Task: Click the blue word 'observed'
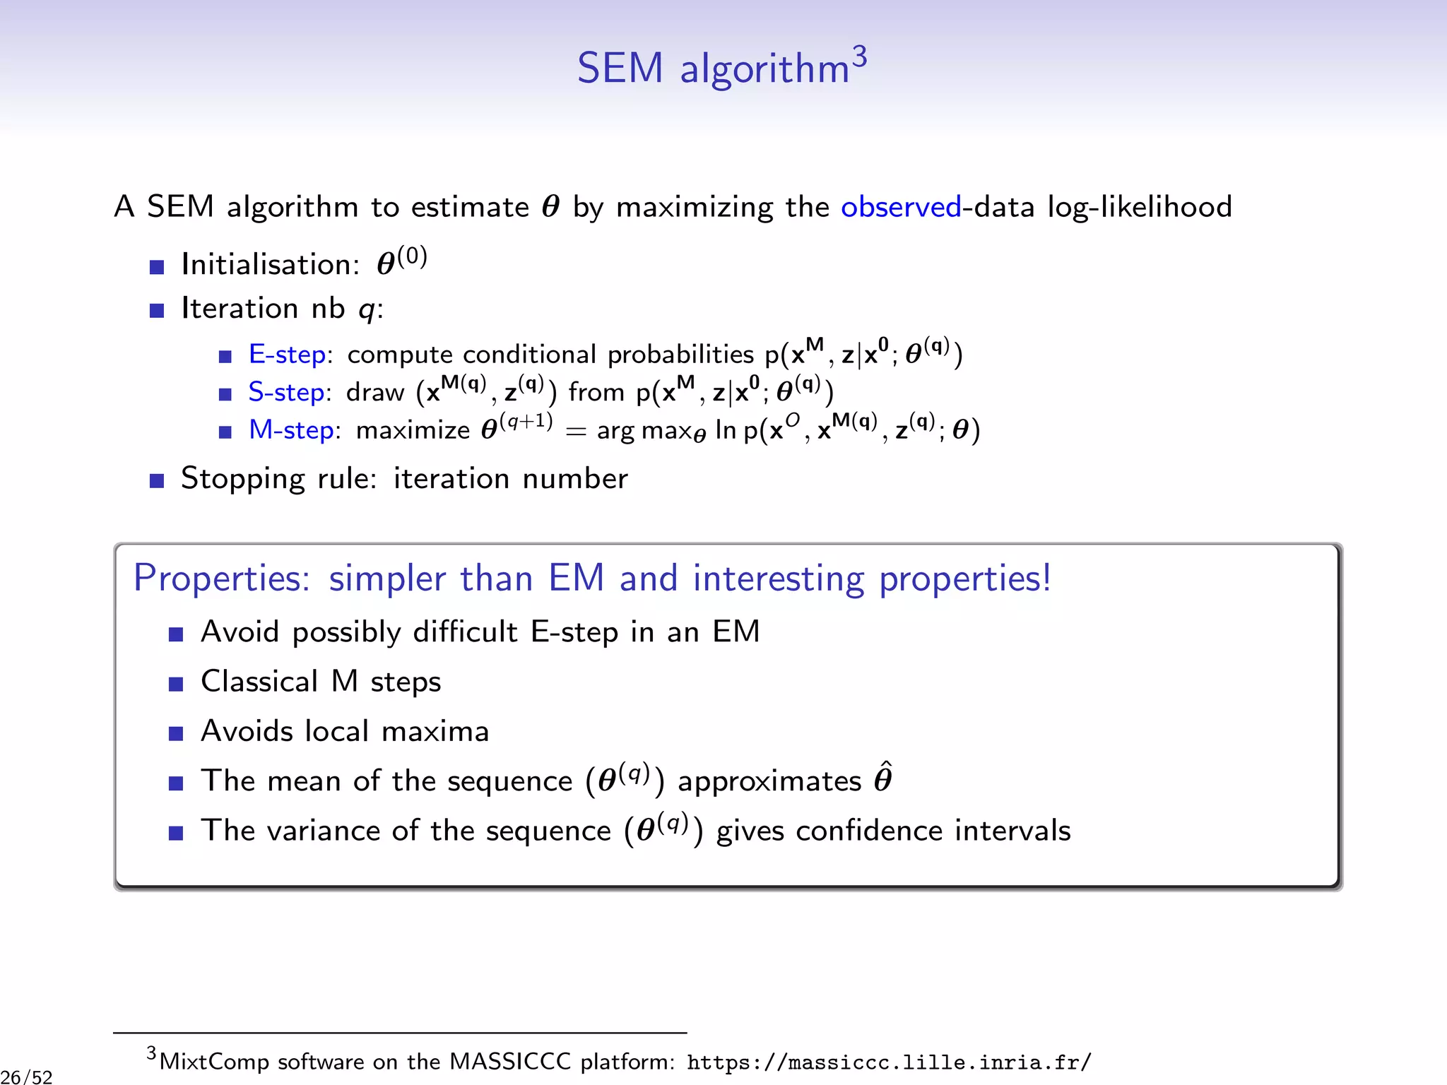901,207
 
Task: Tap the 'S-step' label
287,392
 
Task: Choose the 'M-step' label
291,430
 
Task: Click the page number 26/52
27,1077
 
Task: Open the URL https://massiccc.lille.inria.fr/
889,1062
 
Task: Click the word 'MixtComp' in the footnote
214,1062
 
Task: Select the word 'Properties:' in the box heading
222,579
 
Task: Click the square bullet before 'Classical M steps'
176,684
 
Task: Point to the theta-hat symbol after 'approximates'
883,778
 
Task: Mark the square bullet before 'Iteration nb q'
157,310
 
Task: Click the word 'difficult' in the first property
465,632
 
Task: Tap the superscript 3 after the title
859,56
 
